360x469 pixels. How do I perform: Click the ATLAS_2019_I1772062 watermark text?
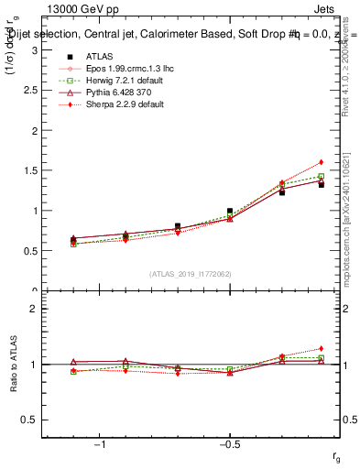190,273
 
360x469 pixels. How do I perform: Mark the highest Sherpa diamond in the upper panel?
322,162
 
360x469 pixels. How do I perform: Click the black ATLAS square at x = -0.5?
230,211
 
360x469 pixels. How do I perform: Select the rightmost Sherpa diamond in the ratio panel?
322,348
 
